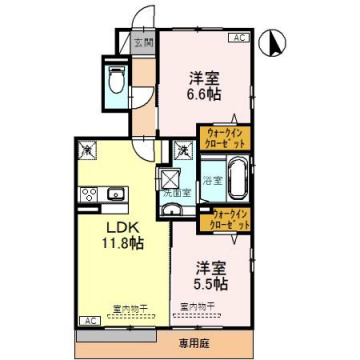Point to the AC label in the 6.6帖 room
pos(239,38)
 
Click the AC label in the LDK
pos(88,321)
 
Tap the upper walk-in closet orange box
pos(225,136)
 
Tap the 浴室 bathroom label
pos(211,181)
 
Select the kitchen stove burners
pos(88,193)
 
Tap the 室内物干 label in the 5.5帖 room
pos(196,306)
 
